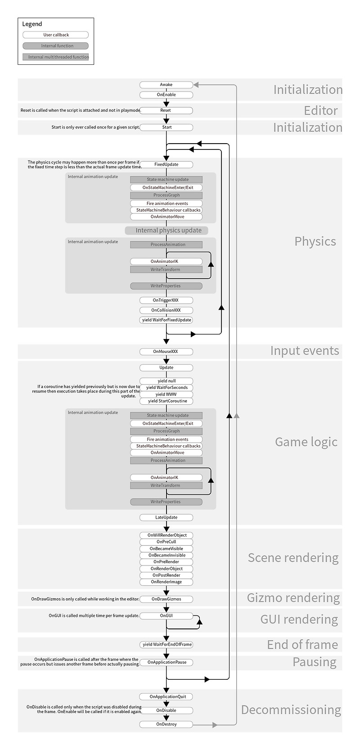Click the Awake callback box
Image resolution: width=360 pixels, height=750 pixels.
click(166, 85)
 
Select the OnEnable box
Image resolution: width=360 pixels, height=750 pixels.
click(166, 95)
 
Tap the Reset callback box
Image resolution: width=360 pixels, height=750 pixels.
click(166, 110)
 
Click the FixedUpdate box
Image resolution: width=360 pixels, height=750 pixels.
click(166, 164)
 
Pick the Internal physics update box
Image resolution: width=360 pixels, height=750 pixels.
click(166, 230)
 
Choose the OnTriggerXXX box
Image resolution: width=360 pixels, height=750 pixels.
click(166, 300)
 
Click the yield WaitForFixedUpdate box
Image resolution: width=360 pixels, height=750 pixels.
click(166, 320)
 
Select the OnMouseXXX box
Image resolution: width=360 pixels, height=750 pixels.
click(166, 352)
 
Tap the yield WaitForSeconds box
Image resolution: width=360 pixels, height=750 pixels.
click(166, 388)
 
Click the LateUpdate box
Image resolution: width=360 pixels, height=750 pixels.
click(166, 518)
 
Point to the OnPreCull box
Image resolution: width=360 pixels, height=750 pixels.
click(166, 542)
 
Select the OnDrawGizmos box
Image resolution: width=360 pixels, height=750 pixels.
click(166, 599)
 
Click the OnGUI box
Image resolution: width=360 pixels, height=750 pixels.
click(166, 615)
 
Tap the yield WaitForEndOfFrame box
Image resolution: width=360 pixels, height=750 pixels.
click(166, 645)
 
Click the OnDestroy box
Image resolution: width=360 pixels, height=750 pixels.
click(166, 724)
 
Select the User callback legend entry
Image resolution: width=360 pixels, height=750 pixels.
click(56, 35)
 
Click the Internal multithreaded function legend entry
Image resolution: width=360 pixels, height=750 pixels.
click(56, 57)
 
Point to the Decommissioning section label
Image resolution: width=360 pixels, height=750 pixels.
click(291, 710)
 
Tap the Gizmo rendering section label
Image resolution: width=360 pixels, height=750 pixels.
click(293, 598)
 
